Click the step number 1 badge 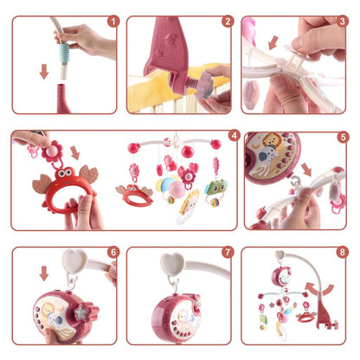pyautogui.click(x=111, y=22)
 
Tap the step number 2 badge pyautogui.click(x=228, y=22)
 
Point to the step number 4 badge pyautogui.click(x=233, y=135)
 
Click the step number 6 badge pyautogui.click(x=111, y=253)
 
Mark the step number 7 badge pyautogui.click(x=228, y=253)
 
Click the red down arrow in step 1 pyautogui.click(x=43, y=71)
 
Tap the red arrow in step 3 pyautogui.click(x=274, y=42)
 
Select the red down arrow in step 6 pyautogui.click(x=44, y=274)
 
